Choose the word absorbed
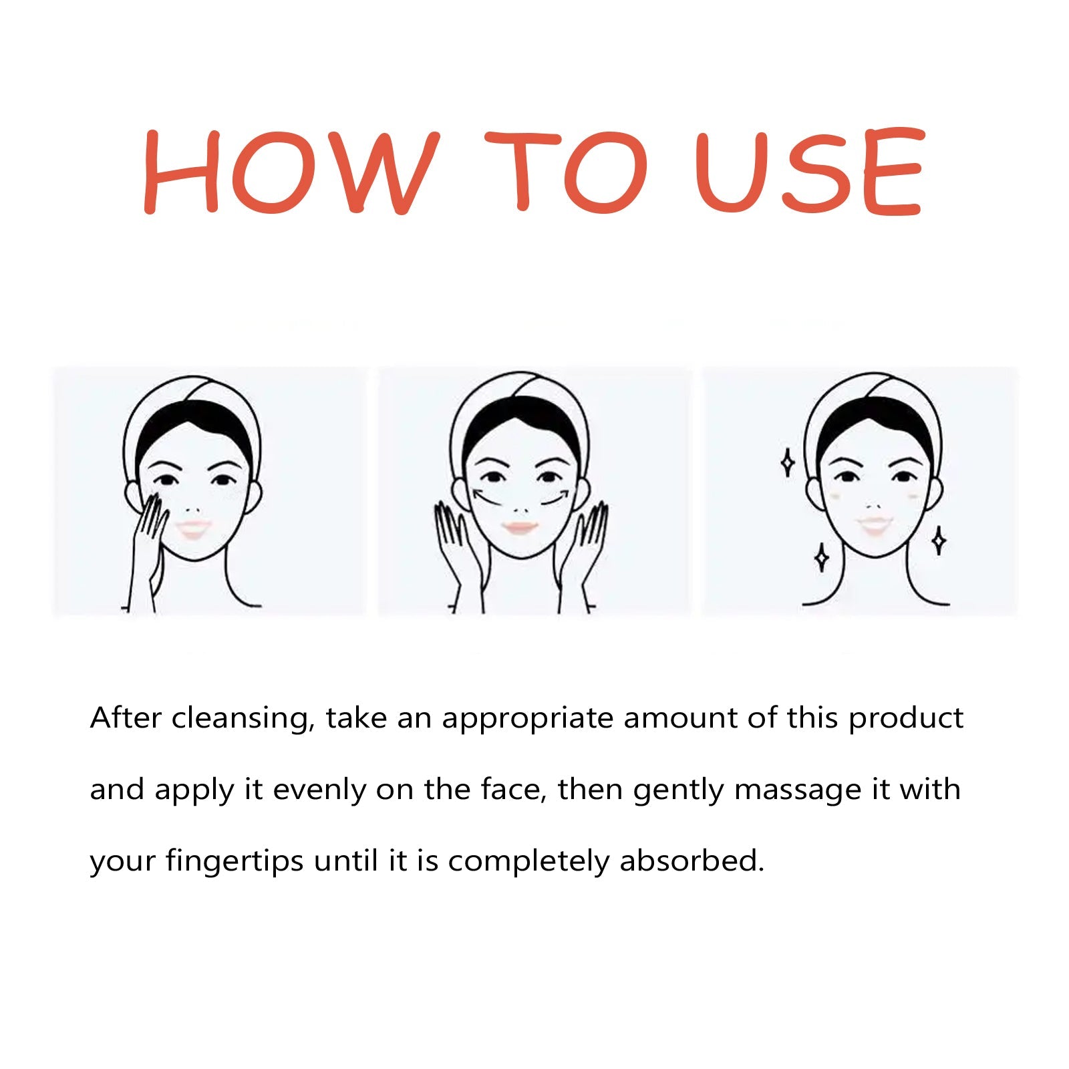692,861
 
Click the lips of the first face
194,530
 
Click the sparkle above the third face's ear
788,462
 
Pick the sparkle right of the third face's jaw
939,541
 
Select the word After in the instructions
126,719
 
